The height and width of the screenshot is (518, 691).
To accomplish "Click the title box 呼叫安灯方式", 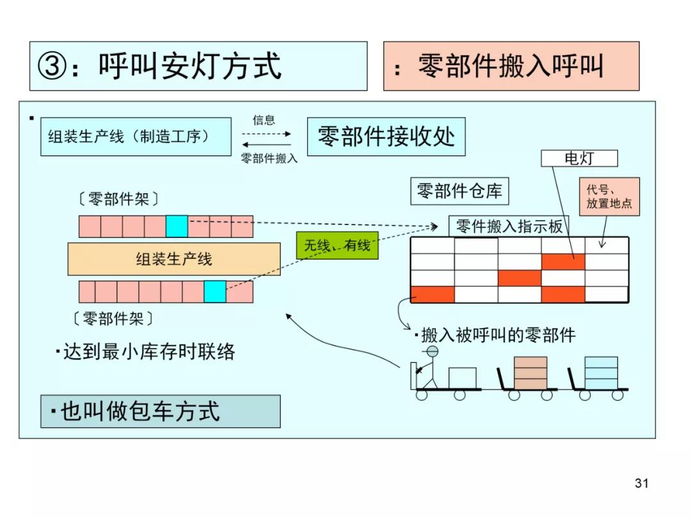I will [198, 66].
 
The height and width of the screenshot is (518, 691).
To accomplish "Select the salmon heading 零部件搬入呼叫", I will [511, 66].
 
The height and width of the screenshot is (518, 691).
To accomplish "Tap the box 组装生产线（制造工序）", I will [136, 136].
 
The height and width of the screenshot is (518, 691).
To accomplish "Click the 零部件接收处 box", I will [386, 136].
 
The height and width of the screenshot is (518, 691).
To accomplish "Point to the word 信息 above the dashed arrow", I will [264, 120].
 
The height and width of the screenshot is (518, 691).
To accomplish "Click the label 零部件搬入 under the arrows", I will [269, 159].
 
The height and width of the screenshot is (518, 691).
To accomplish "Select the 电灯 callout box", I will [580, 158].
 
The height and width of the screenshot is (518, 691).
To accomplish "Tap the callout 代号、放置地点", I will [609, 196].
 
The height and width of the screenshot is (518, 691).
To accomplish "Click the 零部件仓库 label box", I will [459, 191].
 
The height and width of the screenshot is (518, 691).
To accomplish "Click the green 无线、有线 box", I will [337, 245].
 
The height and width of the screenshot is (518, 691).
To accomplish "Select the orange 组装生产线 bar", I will [174, 259].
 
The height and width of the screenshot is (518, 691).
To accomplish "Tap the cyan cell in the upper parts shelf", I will [177, 226].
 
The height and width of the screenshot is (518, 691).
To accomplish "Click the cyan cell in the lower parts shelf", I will [215, 291].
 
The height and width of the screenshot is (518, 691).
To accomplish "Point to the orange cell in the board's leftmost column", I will [433, 294].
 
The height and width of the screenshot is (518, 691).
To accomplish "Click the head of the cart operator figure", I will [433, 352].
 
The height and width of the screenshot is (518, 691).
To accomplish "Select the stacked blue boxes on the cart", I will [601, 372].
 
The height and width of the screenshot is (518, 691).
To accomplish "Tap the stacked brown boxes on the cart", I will [530, 372].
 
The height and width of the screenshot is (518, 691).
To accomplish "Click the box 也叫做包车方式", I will [161, 411].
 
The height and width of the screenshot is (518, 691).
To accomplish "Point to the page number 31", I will [641, 483].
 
